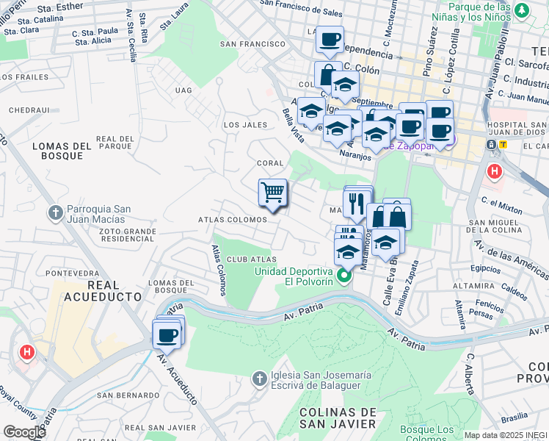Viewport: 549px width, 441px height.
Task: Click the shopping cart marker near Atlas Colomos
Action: pyautogui.click(x=272, y=193)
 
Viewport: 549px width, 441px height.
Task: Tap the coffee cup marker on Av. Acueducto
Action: pyautogui.click(x=167, y=335)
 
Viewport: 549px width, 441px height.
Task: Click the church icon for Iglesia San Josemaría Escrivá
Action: pyautogui.click(x=258, y=379)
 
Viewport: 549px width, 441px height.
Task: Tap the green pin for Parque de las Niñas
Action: pyautogui.click(x=522, y=11)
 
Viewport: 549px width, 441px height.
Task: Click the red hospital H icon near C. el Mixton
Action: pyautogui.click(x=495, y=172)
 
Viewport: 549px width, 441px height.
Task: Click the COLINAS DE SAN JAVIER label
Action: pyautogui.click(x=338, y=417)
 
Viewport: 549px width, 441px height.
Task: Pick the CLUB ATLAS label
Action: pyautogui.click(x=252, y=259)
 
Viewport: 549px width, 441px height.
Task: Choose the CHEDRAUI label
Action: pyautogui.click(x=29, y=110)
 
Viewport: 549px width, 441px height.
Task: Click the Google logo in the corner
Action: pyautogui.click(x=25, y=431)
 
